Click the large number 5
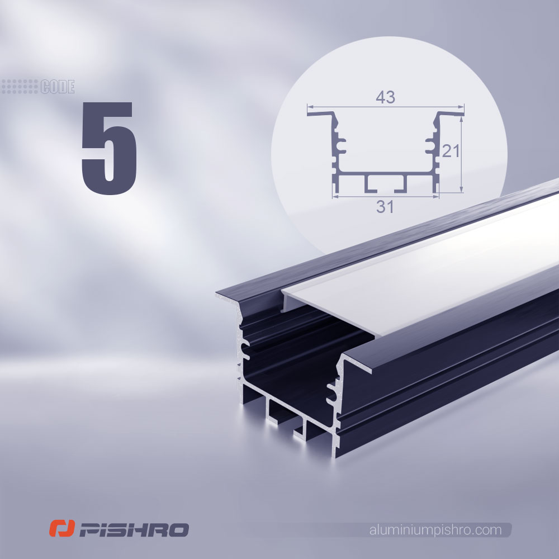point(109,148)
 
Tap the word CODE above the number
point(58,87)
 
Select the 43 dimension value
point(385,97)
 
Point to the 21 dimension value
point(451,151)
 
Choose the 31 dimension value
point(385,207)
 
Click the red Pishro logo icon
point(61,528)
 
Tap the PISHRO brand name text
point(134,530)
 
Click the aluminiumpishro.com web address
point(435,530)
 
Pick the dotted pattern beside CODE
point(20,87)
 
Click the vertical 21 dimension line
point(462,154)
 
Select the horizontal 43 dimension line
point(386,106)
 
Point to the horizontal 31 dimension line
point(385,196)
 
